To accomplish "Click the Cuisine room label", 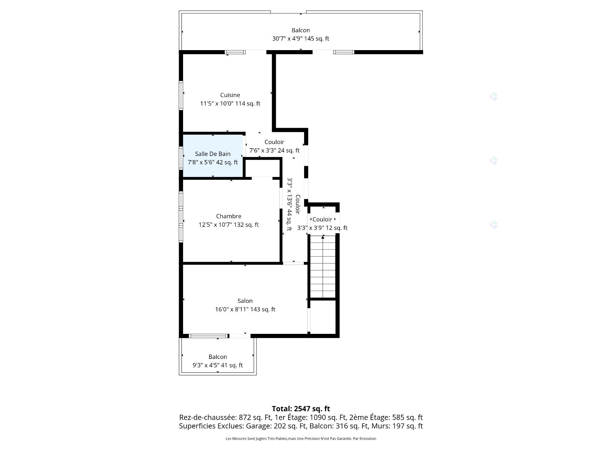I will point(230,95).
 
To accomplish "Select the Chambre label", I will point(229,216).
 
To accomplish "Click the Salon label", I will point(245,301).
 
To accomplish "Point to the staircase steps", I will point(323,269).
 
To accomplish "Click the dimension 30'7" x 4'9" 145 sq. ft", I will point(300,39).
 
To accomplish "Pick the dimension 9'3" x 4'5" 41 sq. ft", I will point(218,365).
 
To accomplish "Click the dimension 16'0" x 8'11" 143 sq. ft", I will point(245,309).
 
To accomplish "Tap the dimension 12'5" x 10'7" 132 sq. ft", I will point(229,225).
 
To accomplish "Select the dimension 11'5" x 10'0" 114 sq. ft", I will point(230,104).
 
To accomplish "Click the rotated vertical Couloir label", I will point(298,205).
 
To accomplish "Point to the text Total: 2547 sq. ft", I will point(301,409).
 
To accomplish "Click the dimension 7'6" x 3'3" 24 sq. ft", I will point(274,151).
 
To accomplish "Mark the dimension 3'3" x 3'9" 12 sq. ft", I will point(322,228).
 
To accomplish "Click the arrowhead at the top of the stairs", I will point(323,237).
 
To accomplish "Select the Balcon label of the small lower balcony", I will point(218,357).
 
